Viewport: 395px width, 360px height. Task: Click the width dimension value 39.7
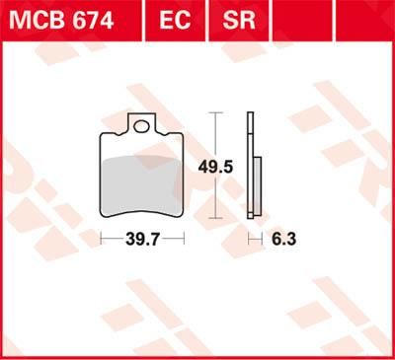[x=142, y=238]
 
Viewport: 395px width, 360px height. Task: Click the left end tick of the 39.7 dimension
[x=102, y=238]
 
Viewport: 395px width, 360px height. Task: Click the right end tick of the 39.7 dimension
[x=184, y=238]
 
